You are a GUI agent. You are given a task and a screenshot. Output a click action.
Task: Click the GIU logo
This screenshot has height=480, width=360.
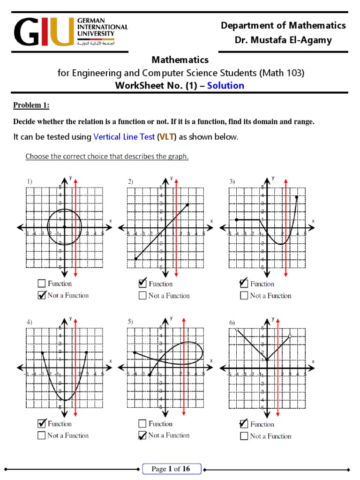[70, 31]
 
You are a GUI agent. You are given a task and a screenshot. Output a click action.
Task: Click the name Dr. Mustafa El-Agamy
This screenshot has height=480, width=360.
[283, 40]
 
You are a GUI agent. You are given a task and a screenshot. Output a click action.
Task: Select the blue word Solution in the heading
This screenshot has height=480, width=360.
[225, 85]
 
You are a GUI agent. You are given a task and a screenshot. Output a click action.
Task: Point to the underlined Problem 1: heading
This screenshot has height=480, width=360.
[31, 105]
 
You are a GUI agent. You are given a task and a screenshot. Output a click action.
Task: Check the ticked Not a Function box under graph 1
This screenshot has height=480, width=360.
[41, 295]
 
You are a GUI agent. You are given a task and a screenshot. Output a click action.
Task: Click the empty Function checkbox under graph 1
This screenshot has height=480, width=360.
[41, 284]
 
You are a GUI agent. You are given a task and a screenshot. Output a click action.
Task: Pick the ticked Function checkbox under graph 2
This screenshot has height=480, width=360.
[142, 284]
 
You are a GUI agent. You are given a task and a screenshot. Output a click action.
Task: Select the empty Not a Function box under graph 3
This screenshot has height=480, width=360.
[244, 296]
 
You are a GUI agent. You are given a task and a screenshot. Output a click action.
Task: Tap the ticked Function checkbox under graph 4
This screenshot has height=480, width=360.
[41, 424]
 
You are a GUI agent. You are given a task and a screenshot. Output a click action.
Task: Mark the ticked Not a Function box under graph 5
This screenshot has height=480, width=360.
[142, 435]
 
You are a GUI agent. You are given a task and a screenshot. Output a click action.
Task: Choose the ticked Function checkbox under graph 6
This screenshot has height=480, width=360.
[244, 424]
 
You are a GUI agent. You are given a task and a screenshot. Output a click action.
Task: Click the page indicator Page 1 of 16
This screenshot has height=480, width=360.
[172, 469]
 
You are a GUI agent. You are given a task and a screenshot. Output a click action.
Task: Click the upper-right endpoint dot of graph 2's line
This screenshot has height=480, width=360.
[187, 204]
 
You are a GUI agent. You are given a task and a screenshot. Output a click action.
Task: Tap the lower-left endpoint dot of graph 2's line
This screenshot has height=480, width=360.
[135, 259]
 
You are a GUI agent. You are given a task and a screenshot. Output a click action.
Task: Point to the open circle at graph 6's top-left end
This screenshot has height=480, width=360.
[237, 329]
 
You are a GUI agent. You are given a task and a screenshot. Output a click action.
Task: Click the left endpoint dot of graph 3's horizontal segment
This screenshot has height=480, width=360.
[237, 219]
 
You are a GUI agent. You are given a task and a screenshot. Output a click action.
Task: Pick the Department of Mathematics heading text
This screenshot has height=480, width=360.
[283, 25]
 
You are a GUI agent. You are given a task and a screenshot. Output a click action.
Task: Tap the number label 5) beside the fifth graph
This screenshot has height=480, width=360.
[130, 322]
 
